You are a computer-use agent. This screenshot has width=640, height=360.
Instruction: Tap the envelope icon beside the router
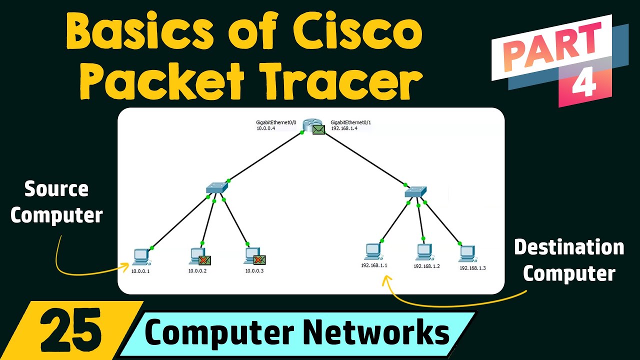coord(318,130)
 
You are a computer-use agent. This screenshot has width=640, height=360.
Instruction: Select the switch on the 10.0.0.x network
coord(216,188)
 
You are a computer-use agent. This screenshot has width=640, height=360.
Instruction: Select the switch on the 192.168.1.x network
coord(415,190)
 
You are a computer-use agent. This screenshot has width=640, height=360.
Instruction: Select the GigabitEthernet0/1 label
coord(351,122)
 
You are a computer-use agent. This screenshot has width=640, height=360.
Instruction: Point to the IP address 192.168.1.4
coord(344,128)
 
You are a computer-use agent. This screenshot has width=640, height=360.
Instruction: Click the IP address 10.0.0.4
coord(265,128)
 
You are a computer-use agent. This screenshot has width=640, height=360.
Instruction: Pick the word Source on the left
coord(56,189)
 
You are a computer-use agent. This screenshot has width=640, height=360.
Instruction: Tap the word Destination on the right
coord(569,247)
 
